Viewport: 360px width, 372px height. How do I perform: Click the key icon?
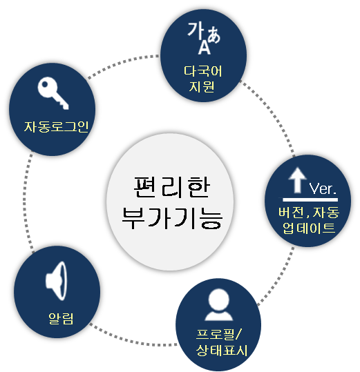click(53, 92)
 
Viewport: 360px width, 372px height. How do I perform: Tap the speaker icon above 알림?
click(56, 281)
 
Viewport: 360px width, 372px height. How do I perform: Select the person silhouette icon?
click(218, 304)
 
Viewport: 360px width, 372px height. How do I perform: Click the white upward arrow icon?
click(297, 180)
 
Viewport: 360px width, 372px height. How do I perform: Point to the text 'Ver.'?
click(323, 189)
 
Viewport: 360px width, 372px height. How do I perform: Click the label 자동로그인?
click(56, 126)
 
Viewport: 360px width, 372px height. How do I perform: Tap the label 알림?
click(61, 318)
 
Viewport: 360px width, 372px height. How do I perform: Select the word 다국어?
click(203, 71)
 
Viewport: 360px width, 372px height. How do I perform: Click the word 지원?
click(202, 86)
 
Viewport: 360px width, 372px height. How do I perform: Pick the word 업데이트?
click(309, 228)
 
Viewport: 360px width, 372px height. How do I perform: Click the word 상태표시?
click(222, 350)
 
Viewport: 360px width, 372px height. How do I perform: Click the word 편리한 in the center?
click(171, 187)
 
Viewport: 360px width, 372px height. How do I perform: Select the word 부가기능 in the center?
click(172, 217)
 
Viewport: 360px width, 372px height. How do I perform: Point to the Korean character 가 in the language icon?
click(196, 30)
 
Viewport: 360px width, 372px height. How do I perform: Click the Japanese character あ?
click(214, 35)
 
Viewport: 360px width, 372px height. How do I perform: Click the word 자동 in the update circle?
click(326, 212)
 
